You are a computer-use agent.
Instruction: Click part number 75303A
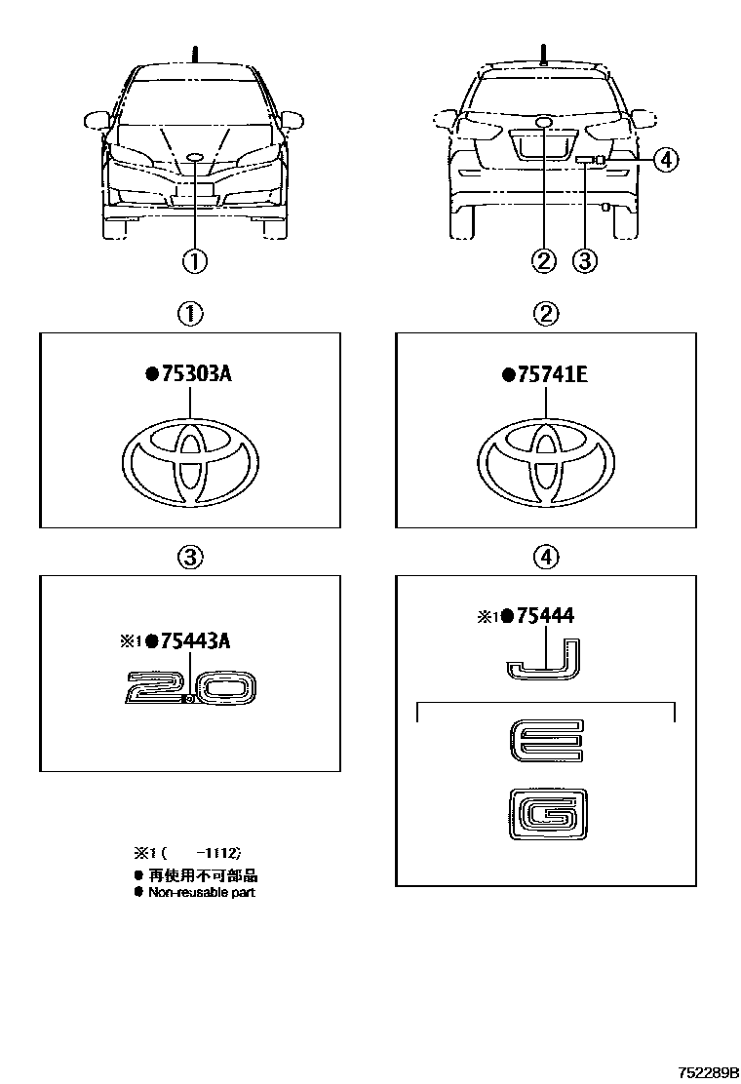[x=195, y=373]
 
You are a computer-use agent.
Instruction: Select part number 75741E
[x=551, y=373]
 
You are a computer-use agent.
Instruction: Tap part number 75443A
[x=195, y=640]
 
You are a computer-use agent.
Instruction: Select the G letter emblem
[x=546, y=811]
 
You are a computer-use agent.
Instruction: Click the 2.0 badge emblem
[x=191, y=688]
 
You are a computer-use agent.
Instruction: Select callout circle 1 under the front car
[x=194, y=260]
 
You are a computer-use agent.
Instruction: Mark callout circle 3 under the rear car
[x=584, y=260]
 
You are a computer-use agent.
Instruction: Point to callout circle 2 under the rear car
[x=543, y=260]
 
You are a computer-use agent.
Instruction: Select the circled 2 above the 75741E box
[x=546, y=313]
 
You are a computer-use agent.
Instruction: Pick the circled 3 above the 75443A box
[x=190, y=557]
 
